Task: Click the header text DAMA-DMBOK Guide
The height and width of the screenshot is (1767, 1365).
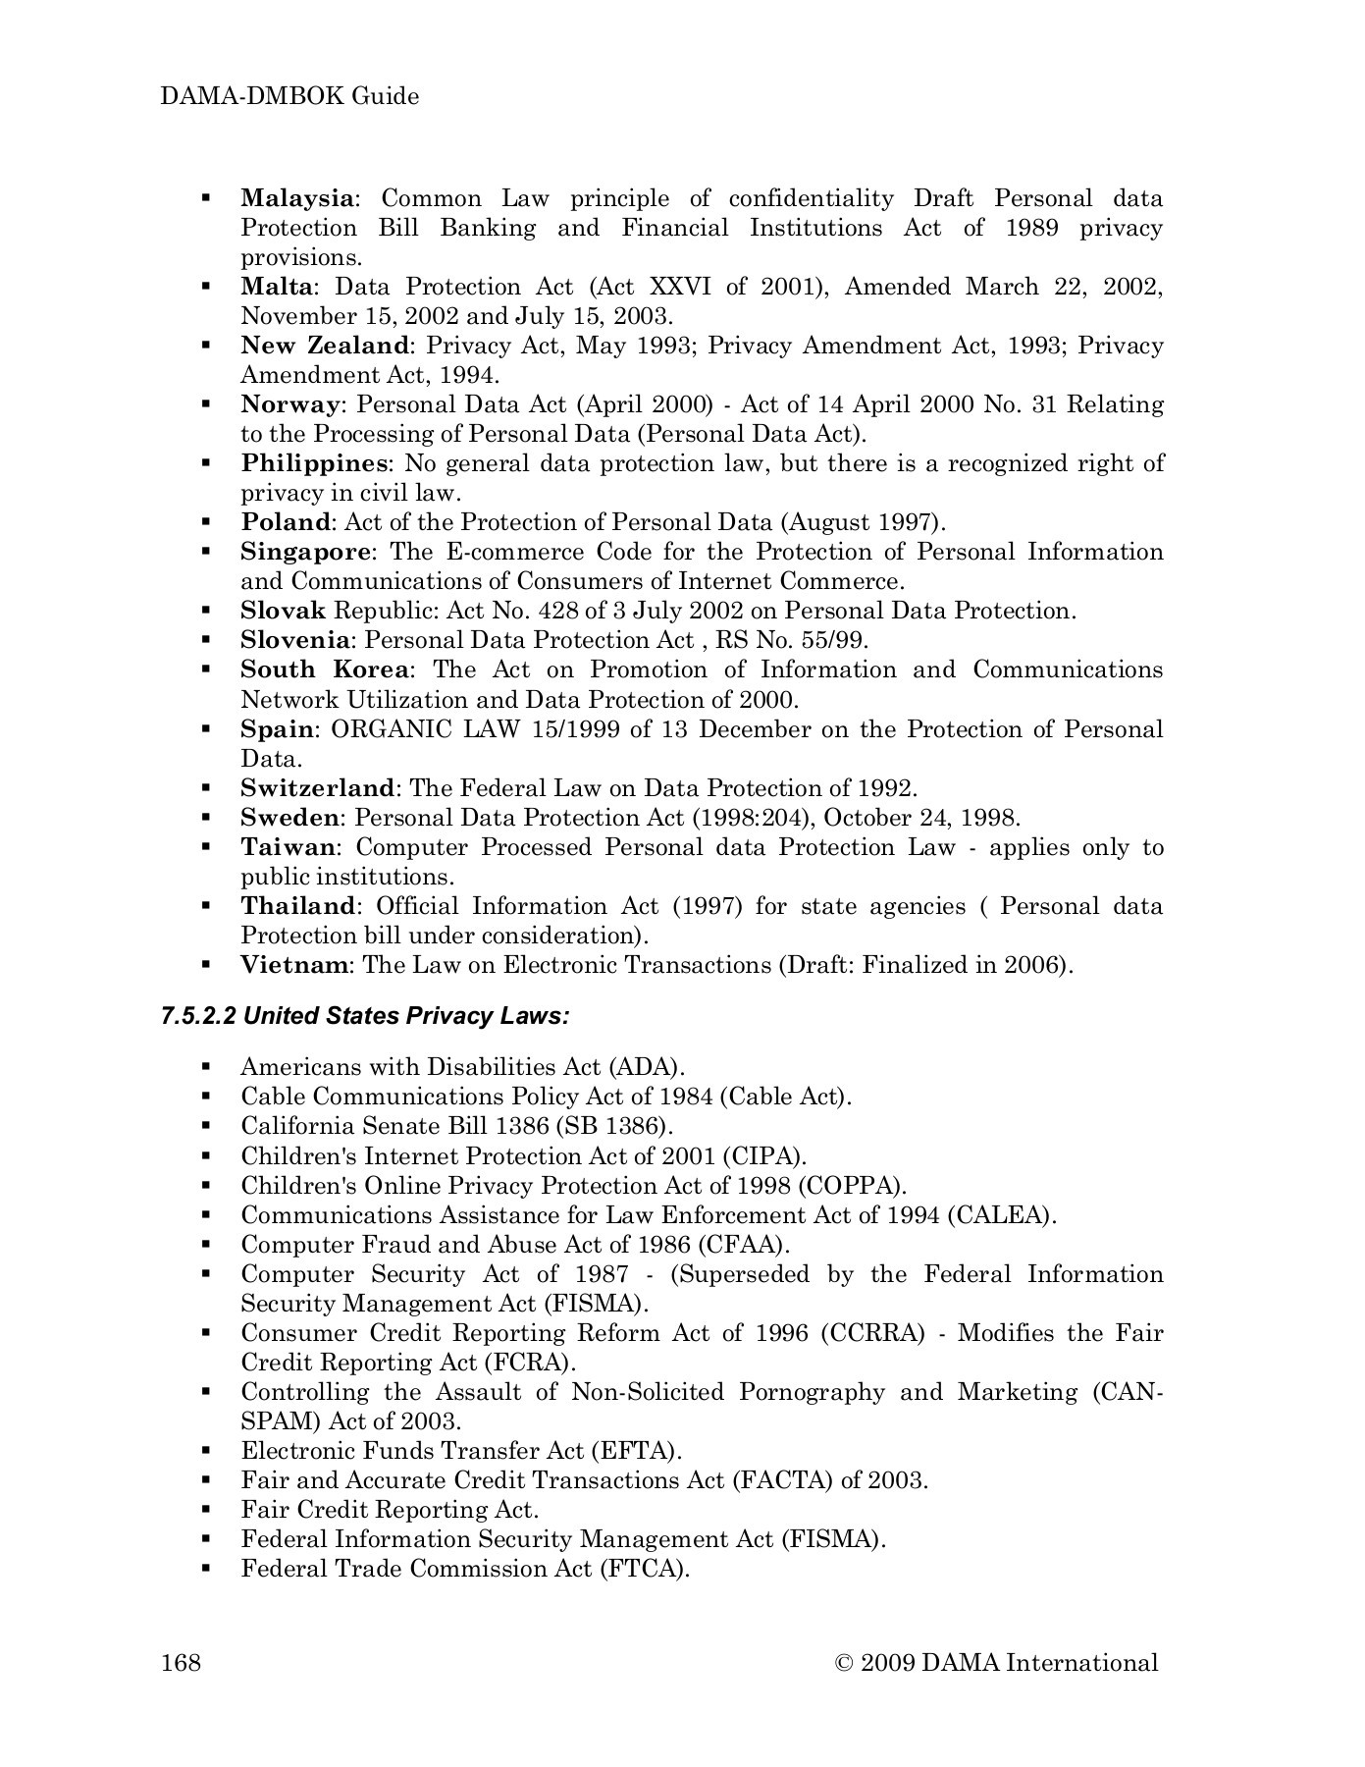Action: [x=289, y=96]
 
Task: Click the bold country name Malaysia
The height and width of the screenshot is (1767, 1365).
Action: [x=296, y=198]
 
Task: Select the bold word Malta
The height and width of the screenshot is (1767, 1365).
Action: [x=278, y=287]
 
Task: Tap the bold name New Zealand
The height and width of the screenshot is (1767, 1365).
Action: [x=325, y=346]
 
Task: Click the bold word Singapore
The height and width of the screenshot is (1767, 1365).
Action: [x=306, y=552]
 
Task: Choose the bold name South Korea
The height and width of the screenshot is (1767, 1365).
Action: [x=325, y=669]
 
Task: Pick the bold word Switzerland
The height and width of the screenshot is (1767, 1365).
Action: [x=318, y=788]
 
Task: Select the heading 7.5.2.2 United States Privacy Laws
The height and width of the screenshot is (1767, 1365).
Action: [x=365, y=1015]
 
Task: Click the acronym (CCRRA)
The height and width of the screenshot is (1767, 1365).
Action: [x=873, y=1333]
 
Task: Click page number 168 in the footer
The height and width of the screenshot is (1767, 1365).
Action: [x=182, y=1662]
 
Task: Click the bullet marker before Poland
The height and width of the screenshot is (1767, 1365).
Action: [x=206, y=522]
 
